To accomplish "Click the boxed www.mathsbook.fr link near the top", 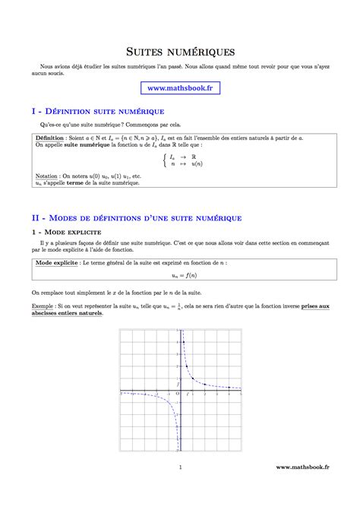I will click(x=179, y=88).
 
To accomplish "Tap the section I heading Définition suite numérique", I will click(x=99, y=111).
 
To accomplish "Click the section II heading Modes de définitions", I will click(x=137, y=217).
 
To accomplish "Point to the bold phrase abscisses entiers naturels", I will click(x=68, y=312).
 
